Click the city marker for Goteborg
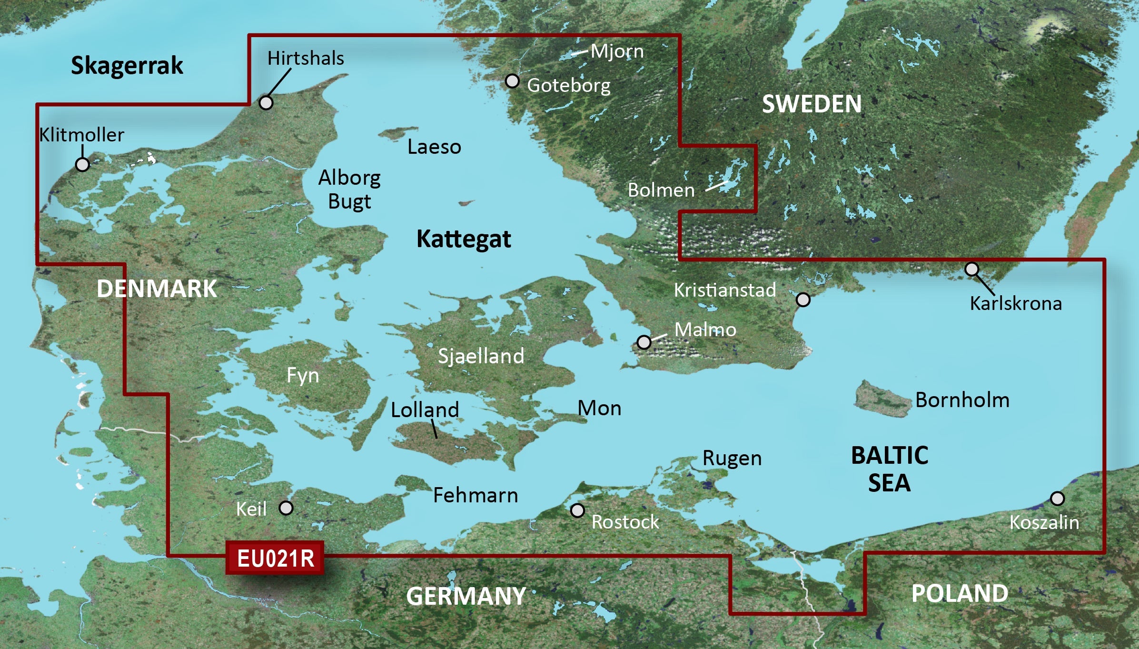pyautogui.click(x=512, y=81)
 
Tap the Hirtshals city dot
pyautogui.click(x=266, y=102)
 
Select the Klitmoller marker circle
pyautogui.click(x=82, y=165)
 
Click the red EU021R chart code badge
pyautogui.click(x=275, y=558)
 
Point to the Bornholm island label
pyautogui.click(x=962, y=400)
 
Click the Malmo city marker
pyautogui.click(x=644, y=342)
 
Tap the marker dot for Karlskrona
pyautogui.click(x=971, y=269)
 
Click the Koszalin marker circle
pyautogui.click(x=1057, y=499)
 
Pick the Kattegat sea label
pyautogui.click(x=464, y=239)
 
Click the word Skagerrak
pyautogui.click(x=127, y=66)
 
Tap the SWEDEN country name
pyautogui.click(x=812, y=104)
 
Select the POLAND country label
pyautogui.click(x=959, y=593)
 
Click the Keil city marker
pyautogui.click(x=286, y=508)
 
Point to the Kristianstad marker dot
pyautogui.click(x=803, y=300)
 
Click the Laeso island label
pyautogui.click(x=434, y=147)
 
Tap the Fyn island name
pyautogui.click(x=303, y=375)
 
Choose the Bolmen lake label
pyautogui.click(x=661, y=190)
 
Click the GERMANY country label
pyautogui.click(x=466, y=596)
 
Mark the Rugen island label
pyautogui.click(x=732, y=459)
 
